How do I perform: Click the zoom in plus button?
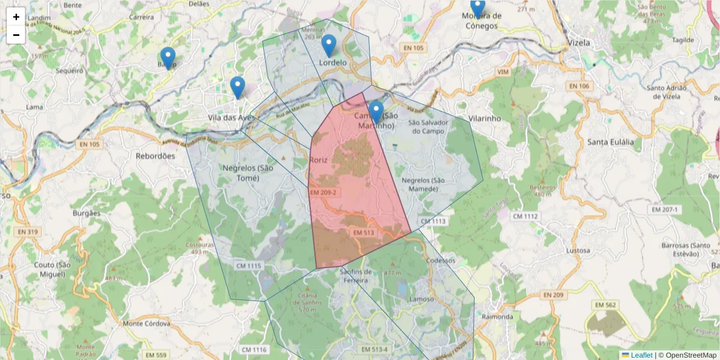click(x=16, y=17)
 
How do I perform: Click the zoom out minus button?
click(x=16, y=35)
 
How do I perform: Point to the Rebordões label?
click(x=155, y=155)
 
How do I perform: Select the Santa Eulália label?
click(x=610, y=142)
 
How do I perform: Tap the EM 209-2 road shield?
click(x=323, y=193)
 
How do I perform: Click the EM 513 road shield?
click(x=364, y=232)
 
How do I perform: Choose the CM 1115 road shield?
click(x=249, y=265)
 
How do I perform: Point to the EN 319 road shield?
click(x=28, y=232)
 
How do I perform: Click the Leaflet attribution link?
click(x=641, y=355)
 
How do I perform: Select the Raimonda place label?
click(x=497, y=316)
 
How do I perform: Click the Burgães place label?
click(x=86, y=213)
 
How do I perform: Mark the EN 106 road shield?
click(x=579, y=86)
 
